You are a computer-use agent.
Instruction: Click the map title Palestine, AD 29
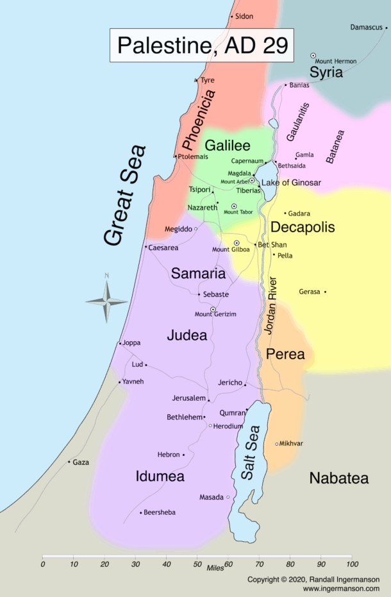click(202, 46)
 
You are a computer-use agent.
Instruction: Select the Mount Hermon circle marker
click(313, 56)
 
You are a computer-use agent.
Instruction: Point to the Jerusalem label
click(188, 398)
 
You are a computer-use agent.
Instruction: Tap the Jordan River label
click(271, 305)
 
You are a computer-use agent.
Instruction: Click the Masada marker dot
click(228, 497)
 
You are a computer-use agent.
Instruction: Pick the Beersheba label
click(160, 512)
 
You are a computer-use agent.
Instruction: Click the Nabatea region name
click(338, 478)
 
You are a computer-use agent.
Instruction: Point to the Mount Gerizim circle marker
click(213, 309)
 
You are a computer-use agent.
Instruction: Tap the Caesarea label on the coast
click(163, 247)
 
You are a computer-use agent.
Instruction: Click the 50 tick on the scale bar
click(197, 557)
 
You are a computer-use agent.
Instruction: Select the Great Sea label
click(125, 196)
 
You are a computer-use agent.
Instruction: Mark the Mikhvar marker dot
click(277, 444)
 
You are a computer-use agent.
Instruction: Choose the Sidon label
click(244, 16)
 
